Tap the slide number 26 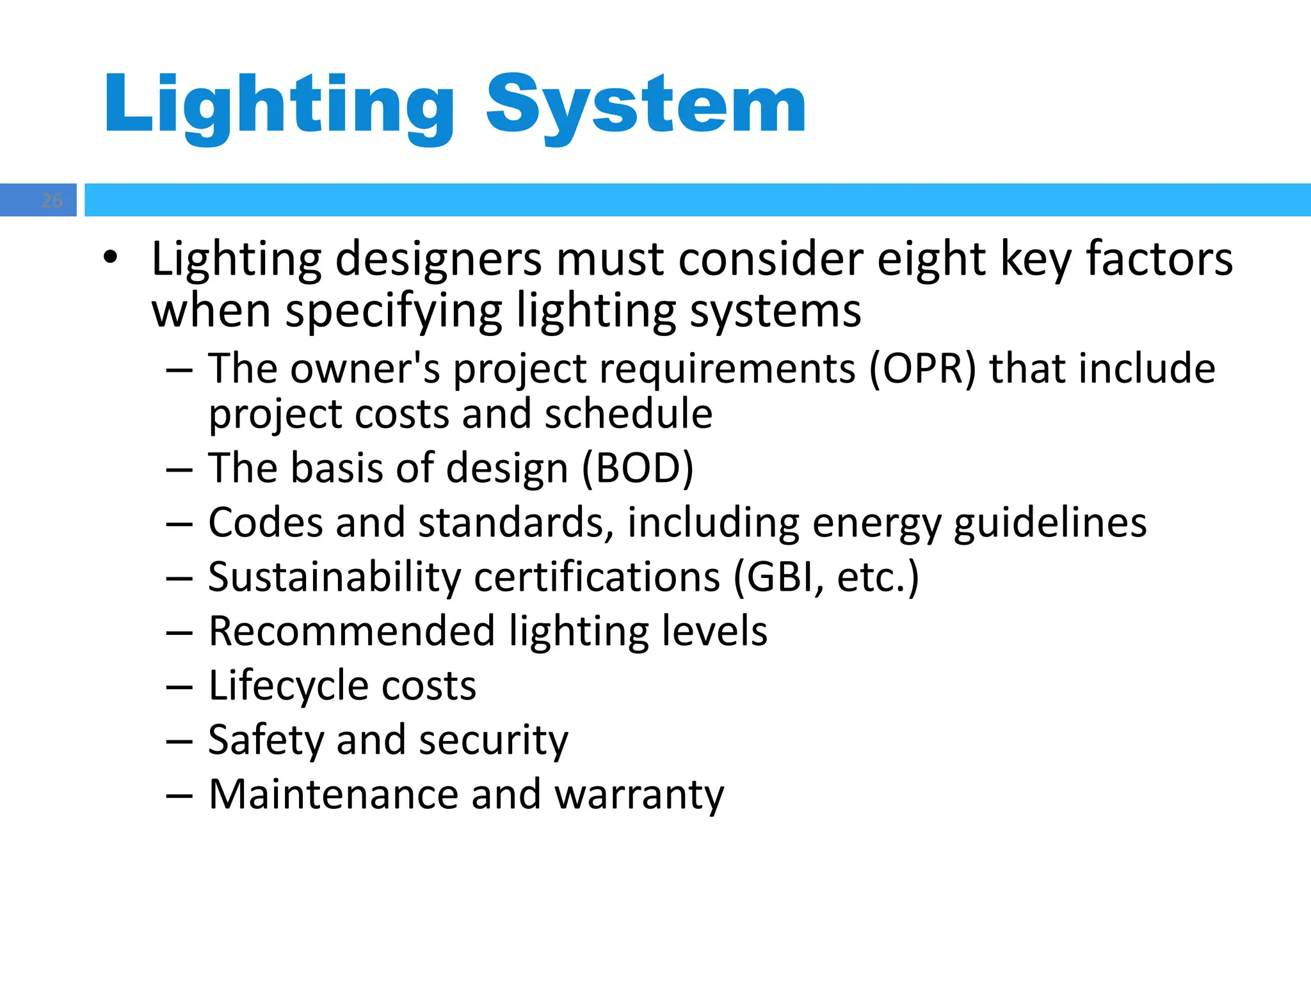(x=52, y=200)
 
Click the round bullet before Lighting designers (x=110, y=258)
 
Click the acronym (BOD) (x=638, y=468)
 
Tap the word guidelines (x=1050, y=523)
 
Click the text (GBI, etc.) (x=826, y=577)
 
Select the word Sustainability (x=334, y=577)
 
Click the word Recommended (x=351, y=631)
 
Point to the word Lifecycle (x=287, y=687)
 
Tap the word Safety (x=266, y=740)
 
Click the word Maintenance (x=333, y=795)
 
